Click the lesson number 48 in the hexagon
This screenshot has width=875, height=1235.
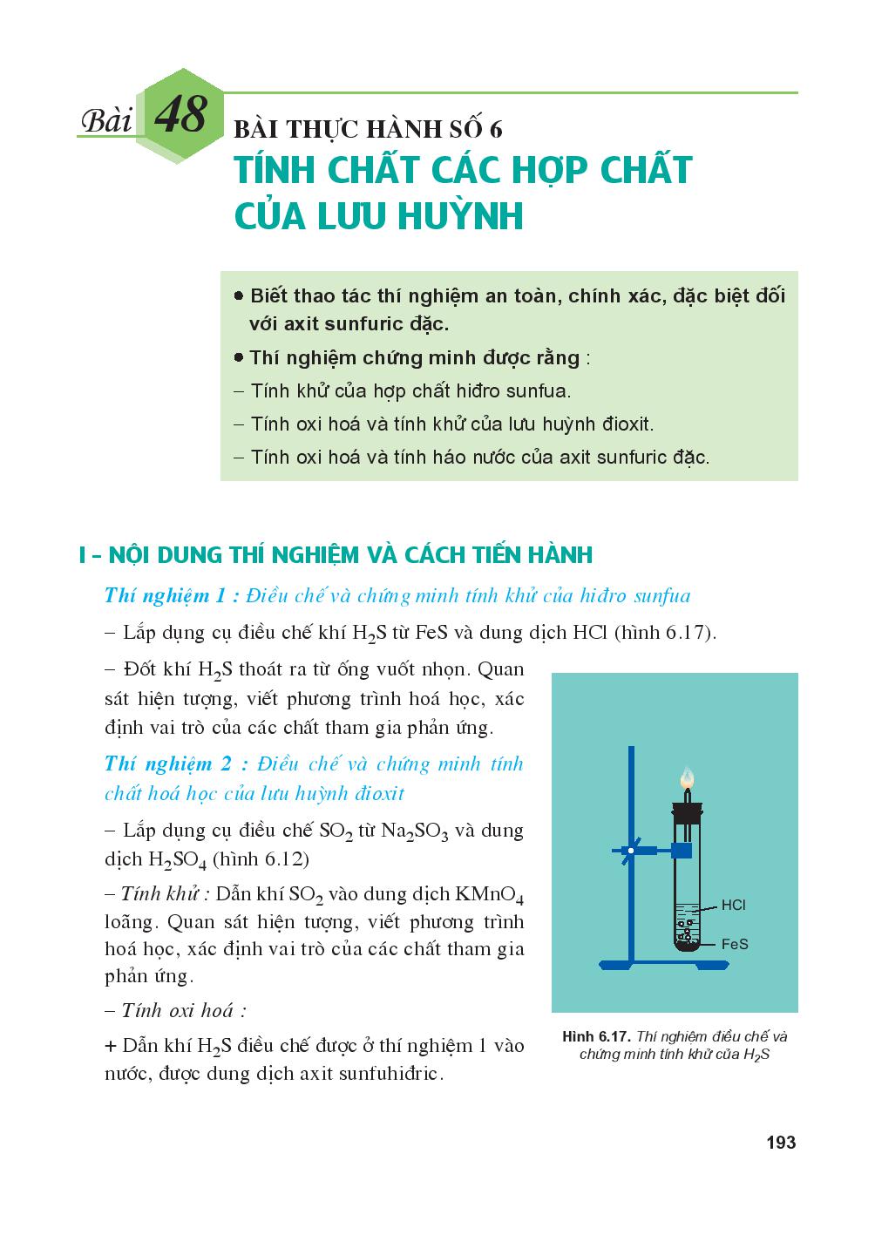coord(180,115)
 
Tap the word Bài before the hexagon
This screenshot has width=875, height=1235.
coord(105,121)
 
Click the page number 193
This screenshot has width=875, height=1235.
coord(780,1142)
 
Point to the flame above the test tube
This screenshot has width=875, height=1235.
coord(687,777)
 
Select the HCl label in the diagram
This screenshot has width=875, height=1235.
coord(733,906)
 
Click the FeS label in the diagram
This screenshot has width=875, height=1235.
coord(735,944)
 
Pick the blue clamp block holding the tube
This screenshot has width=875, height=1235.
coord(682,850)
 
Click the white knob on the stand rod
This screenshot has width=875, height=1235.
coord(628,850)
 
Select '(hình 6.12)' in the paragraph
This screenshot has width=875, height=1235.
coord(261,858)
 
